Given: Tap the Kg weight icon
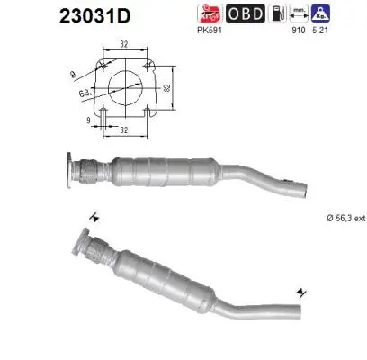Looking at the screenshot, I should [345, 13].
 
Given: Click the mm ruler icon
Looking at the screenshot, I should [321, 13].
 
